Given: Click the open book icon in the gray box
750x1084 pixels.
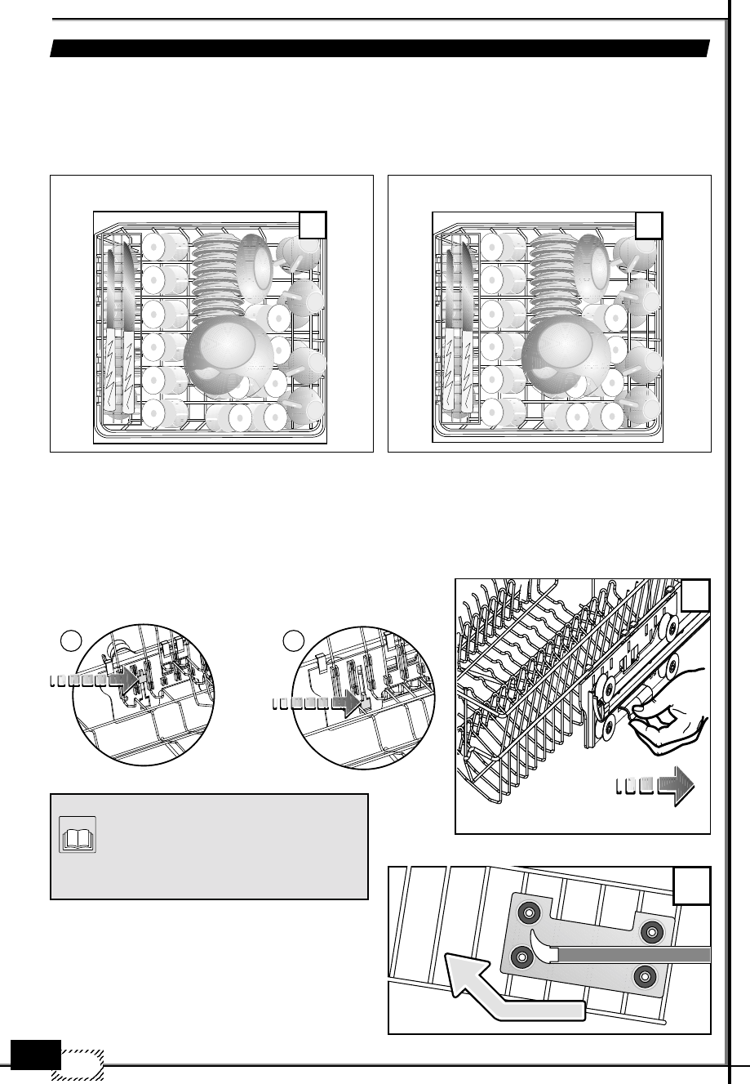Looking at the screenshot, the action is (78, 834).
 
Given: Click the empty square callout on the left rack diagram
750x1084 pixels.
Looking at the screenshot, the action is (313, 225).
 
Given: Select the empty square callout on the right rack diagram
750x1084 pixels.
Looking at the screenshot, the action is (650, 225).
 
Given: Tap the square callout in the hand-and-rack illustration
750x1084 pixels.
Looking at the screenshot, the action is (695, 596).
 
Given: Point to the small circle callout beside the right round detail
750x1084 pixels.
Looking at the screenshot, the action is (294, 638).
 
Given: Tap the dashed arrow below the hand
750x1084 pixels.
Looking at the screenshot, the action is (653, 786).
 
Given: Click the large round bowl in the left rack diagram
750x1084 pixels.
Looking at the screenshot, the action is (224, 354).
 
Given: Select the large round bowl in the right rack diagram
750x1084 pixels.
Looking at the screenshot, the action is (563, 354).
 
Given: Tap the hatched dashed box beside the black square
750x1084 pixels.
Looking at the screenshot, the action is (82, 1063).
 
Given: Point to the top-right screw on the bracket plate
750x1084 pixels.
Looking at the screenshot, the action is (650, 930).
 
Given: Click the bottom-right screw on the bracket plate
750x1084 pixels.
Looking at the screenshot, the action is (645, 974).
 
